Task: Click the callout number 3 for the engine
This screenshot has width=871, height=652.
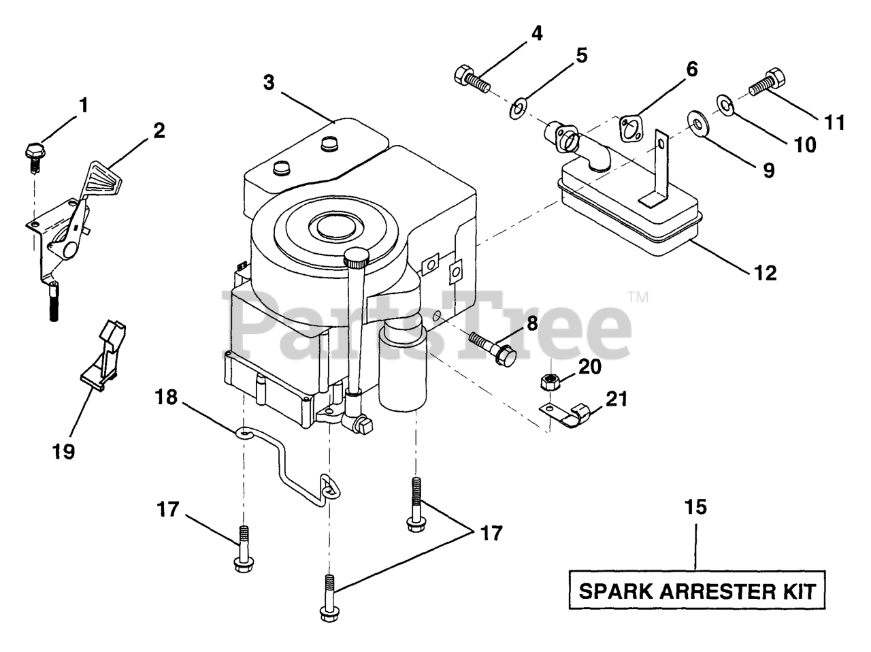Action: click(x=269, y=83)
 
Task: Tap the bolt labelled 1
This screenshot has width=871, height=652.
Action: click(x=33, y=150)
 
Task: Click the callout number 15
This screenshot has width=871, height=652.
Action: click(x=696, y=506)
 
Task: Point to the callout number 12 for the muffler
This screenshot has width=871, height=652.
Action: click(x=765, y=274)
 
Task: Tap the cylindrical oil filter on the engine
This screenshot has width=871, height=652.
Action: click(x=402, y=368)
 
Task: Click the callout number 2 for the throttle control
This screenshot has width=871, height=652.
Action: click(x=159, y=131)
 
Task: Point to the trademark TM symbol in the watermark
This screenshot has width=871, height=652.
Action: click(x=638, y=296)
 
